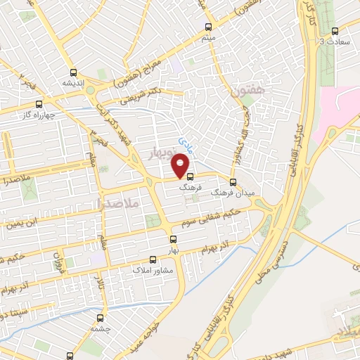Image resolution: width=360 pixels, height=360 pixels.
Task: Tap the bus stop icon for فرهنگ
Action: (x=190, y=177)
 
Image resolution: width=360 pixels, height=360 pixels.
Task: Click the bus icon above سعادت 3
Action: (x=335, y=31)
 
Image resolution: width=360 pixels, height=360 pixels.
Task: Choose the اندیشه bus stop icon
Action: (x=73, y=72)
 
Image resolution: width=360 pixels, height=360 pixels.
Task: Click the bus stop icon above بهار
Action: (x=174, y=239)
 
